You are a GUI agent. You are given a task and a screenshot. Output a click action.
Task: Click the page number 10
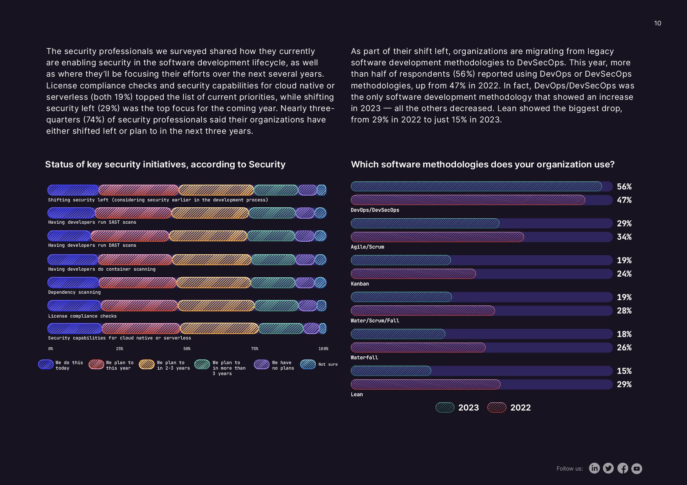tap(658, 23)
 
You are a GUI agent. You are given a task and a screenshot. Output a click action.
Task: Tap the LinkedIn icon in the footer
tap(594, 468)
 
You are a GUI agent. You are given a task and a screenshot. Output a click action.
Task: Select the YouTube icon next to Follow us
tap(637, 468)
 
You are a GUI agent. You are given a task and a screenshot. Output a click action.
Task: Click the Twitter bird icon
tap(608, 468)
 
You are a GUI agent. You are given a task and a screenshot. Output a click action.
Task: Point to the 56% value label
tap(624, 187)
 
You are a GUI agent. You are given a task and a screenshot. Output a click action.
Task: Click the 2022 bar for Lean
tap(425, 384)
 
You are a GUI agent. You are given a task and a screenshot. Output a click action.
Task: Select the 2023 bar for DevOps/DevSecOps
tap(476, 187)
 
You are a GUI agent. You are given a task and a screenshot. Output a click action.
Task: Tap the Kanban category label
tap(360, 284)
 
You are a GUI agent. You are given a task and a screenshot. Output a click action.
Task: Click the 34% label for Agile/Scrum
tap(624, 237)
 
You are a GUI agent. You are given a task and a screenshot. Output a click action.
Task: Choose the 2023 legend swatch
tap(445, 408)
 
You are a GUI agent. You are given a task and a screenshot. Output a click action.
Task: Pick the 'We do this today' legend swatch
tap(46, 365)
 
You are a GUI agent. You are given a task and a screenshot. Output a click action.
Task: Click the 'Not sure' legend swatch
tap(308, 365)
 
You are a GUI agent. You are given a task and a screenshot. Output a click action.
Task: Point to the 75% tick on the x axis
tap(255, 348)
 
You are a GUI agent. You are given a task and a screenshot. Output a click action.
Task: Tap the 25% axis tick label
tap(119, 348)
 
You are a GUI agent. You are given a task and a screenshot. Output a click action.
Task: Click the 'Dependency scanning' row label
tap(74, 292)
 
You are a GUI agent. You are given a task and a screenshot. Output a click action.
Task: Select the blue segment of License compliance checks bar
tap(74, 305)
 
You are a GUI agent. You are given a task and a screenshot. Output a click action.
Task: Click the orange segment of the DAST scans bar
tap(208, 236)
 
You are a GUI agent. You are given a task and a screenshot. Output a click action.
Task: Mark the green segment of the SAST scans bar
tap(272, 213)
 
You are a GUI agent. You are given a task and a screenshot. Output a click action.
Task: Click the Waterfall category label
tap(364, 357)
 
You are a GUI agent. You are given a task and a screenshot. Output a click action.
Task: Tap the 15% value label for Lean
tap(624, 371)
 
